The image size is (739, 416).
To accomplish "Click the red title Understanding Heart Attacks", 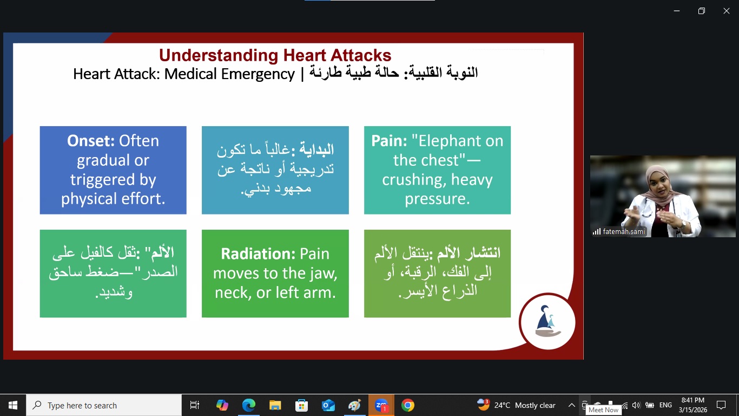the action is tap(275, 55).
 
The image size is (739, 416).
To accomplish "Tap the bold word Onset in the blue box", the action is tap(91, 141).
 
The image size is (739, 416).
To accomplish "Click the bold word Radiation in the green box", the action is tap(258, 253).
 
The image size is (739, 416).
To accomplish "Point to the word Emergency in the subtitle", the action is tap(258, 74).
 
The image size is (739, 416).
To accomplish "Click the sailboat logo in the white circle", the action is tap(547, 321).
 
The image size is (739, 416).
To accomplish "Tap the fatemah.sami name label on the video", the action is tap(624, 232).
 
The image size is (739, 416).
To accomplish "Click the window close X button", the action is tap(727, 11).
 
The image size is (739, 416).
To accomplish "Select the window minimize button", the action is tap(677, 11).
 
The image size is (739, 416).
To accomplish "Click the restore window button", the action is tap(702, 11).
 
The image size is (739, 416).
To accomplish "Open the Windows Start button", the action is tap(13, 405).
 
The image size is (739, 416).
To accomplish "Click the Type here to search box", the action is tap(104, 405).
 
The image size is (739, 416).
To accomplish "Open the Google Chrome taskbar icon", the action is tap(408, 405).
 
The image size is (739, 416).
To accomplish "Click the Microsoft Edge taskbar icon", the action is tap(249, 405).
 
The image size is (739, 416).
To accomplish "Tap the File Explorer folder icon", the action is tap(275, 405).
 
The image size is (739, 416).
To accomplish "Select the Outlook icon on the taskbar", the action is tap(328, 405).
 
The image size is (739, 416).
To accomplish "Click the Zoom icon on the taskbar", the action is tap(381, 405).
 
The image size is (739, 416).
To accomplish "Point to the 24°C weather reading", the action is tap(502, 405).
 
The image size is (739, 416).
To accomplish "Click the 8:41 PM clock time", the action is tap(693, 400).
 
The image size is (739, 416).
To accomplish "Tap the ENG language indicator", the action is tap(665, 405).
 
